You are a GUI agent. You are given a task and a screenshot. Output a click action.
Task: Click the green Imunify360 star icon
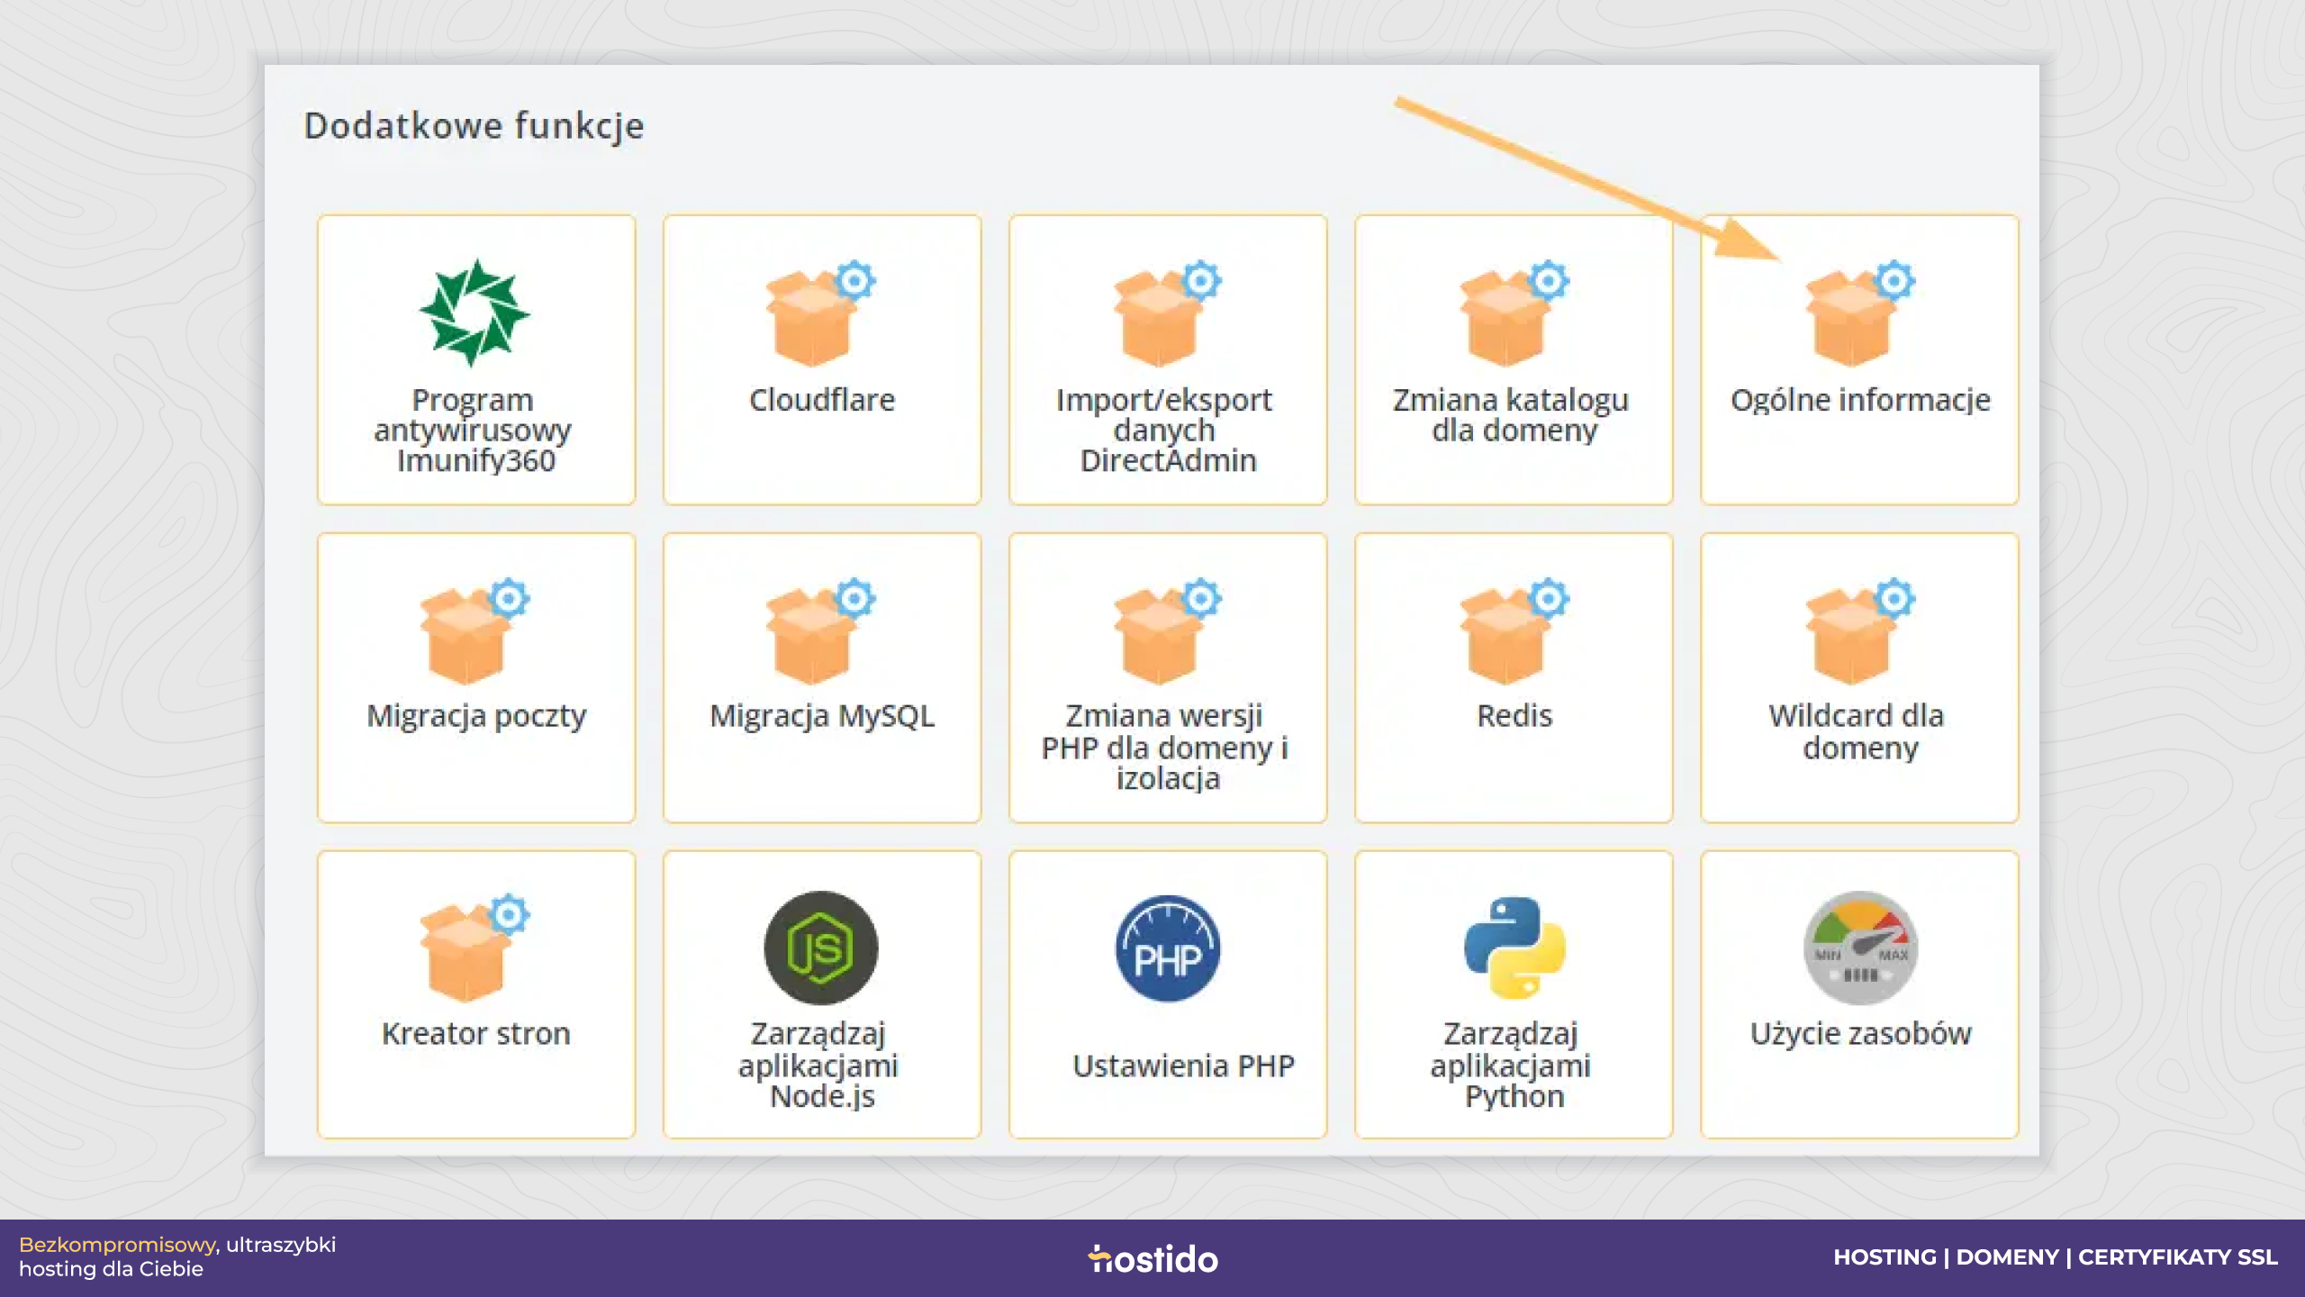(475, 313)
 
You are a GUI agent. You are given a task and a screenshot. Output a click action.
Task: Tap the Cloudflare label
(822, 400)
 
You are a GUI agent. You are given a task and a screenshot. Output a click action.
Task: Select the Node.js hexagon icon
(821, 948)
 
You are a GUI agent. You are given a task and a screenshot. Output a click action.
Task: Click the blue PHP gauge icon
(1168, 948)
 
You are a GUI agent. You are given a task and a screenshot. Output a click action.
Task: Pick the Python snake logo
(1514, 948)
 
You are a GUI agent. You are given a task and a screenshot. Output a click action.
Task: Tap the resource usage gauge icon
(1860, 948)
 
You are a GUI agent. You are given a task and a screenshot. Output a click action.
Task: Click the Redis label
(1514, 716)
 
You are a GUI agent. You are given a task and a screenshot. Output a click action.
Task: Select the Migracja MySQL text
(822, 716)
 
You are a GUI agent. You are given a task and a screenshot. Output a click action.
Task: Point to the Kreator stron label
(476, 1033)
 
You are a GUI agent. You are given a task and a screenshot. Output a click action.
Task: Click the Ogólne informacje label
(1860, 400)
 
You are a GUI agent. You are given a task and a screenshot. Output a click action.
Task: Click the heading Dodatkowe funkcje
(475, 126)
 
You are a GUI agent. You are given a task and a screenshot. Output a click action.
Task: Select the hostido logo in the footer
(1152, 1258)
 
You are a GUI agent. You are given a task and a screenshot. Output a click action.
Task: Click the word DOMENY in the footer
(2007, 1257)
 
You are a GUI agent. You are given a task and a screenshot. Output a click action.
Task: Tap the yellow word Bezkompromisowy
(117, 1245)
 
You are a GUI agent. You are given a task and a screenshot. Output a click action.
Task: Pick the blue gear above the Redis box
(1549, 598)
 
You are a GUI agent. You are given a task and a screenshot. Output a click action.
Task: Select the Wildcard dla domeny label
(1860, 731)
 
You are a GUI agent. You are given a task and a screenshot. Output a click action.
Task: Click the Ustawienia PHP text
(1183, 1066)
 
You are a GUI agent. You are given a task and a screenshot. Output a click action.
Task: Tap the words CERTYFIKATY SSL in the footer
(2178, 1257)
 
